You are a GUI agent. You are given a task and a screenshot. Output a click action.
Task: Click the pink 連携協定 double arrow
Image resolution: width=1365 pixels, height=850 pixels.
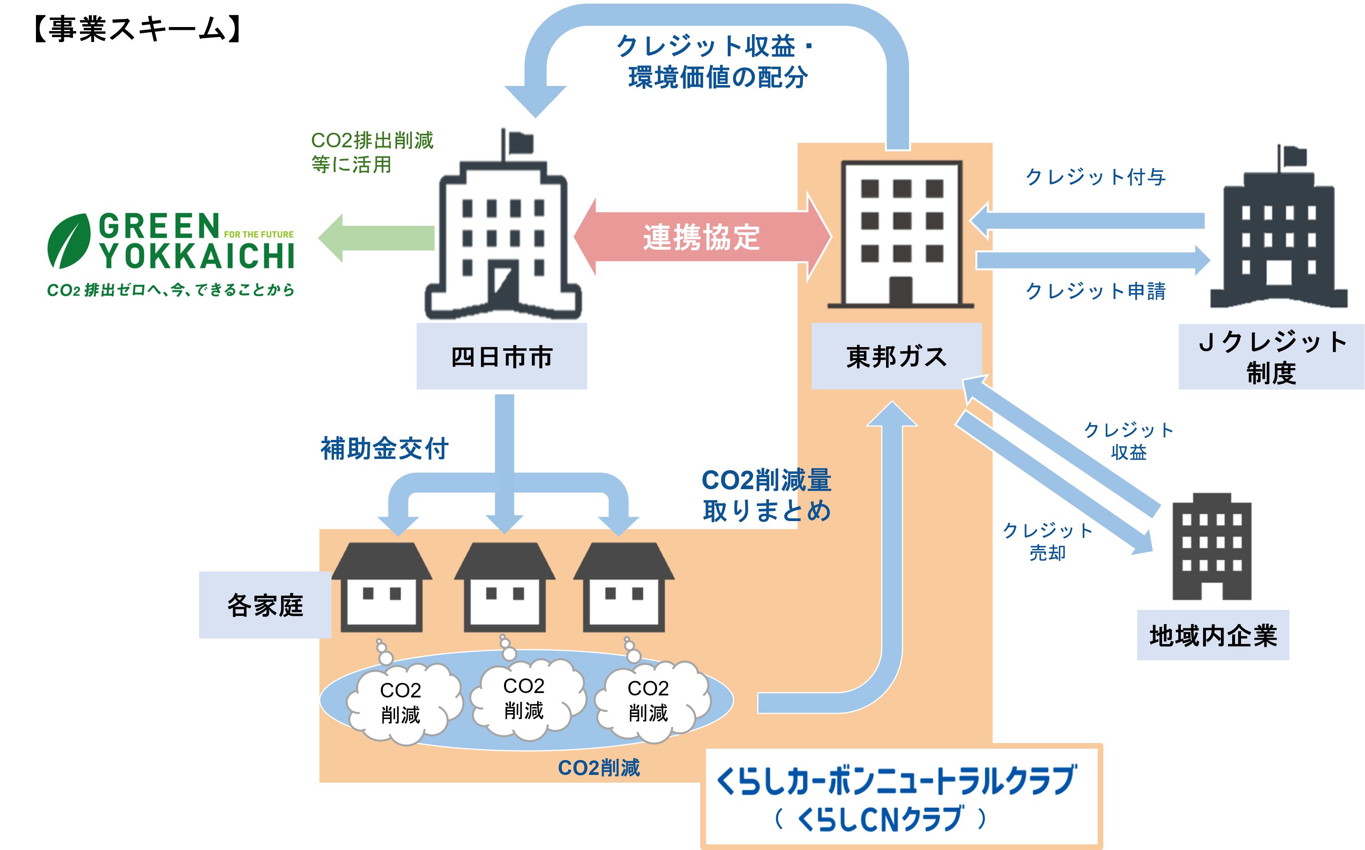tap(701, 237)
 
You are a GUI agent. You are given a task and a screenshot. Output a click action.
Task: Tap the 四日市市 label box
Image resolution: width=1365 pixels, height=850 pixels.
tap(502, 356)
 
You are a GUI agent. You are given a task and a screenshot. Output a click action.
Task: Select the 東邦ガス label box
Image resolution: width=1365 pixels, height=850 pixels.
tap(897, 356)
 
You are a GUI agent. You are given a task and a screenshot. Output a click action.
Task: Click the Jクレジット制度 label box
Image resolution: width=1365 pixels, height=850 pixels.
tap(1271, 356)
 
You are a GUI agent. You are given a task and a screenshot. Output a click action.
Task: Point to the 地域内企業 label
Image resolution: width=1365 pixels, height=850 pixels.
tap(1213, 635)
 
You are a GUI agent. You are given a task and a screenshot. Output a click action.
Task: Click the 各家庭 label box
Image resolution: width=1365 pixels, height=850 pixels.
tap(265, 605)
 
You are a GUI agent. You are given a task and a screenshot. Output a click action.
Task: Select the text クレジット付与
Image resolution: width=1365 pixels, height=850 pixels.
tap(1095, 177)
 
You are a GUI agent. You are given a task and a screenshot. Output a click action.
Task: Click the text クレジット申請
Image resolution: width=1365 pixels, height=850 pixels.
tap(1095, 291)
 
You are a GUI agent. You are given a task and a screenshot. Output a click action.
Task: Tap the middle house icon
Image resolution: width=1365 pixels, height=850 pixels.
tap(504, 588)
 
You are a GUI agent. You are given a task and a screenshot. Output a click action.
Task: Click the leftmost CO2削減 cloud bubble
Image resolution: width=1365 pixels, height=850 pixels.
tap(401, 703)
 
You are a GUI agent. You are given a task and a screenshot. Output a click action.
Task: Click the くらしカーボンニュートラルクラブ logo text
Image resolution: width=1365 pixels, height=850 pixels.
tap(897, 781)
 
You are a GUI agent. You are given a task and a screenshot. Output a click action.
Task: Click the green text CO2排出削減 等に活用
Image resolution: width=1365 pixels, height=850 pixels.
tap(371, 152)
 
